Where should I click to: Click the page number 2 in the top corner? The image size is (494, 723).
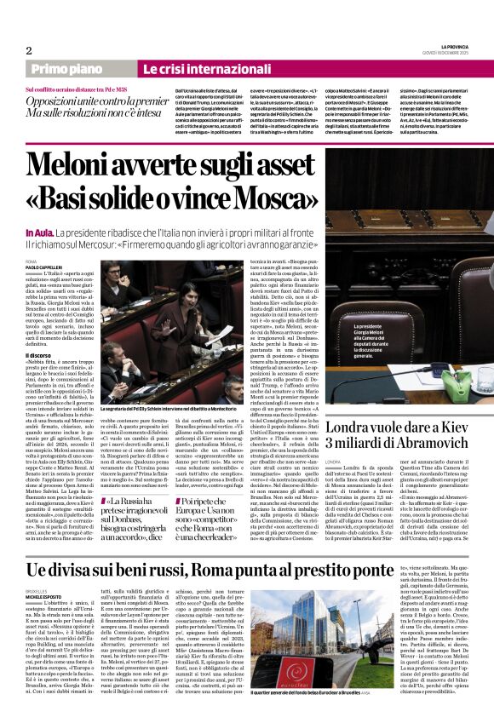pos(29,50)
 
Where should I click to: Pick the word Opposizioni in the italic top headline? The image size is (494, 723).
pos(66,100)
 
